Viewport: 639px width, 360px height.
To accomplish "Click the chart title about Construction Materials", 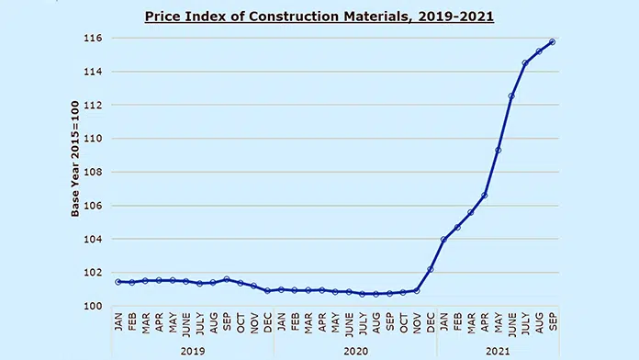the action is pos(319,17).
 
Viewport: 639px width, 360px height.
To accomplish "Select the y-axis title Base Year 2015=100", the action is pos(75,159).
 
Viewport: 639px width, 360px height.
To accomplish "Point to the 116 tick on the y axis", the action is pos(93,38).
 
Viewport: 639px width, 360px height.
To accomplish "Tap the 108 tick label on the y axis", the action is pos(93,172).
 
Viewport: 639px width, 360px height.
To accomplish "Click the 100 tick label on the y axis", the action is pos(93,306).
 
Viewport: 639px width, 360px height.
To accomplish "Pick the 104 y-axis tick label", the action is pos(93,239).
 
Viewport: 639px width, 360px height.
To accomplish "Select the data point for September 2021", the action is pos(552,41).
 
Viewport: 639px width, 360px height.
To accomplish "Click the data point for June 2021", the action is pos(511,96).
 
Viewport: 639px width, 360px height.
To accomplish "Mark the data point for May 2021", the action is pos(498,150).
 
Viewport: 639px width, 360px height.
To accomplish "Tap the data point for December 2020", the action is pos(431,269).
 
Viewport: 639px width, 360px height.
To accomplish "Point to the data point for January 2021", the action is pos(443,240).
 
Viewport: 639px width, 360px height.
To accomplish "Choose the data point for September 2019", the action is pos(227,279).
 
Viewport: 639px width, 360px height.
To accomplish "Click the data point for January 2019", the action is pos(118,282).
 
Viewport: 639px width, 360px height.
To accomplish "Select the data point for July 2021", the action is pos(525,62).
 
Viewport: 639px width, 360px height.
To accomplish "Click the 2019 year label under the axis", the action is pos(193,351).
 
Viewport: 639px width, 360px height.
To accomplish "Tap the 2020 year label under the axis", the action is pos(356,351).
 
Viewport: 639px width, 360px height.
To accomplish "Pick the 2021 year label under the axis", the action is pos(498,351).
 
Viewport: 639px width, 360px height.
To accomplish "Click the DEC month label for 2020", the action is pos(431,323).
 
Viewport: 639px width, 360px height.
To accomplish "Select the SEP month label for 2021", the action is pos(553,322).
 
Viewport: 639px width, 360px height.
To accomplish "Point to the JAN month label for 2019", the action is pos(118,322).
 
